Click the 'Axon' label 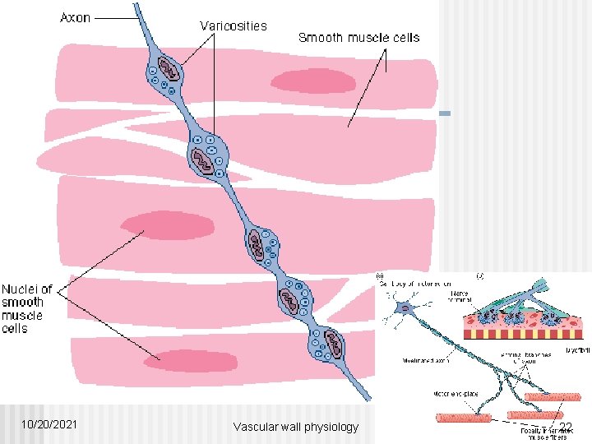click(x=76, y=18)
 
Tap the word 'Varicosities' click(x=234, y=25)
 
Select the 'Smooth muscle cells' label click(x=358, y=37)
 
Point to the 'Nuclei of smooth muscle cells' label click(x=27, y=308)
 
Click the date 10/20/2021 click(x=51, y=424)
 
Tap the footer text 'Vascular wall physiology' click(x=296, y=426)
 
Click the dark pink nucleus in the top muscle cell click(x=313, y=81)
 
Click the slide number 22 click(x=565, y=426)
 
